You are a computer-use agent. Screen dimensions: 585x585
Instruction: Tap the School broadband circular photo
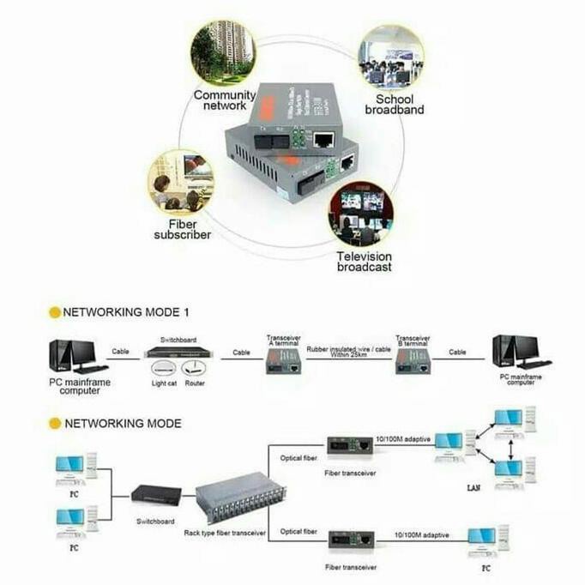[390, 57]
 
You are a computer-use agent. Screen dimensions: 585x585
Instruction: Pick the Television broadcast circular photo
[361, 214]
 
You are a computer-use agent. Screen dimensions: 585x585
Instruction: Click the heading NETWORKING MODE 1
[126, 312]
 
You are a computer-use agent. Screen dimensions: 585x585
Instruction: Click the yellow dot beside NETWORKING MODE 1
[55, 312]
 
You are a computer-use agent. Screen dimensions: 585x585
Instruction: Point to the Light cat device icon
[164, 366]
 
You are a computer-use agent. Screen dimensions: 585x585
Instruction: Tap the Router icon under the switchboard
[195, 366]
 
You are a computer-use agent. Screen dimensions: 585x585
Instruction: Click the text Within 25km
[348, 355]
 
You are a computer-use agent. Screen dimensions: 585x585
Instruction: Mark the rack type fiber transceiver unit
[229, 504]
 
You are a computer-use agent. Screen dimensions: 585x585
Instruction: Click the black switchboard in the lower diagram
[155, 495]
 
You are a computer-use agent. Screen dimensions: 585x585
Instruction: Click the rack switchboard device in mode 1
[178, 352]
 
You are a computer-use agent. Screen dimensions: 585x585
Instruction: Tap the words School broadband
[395, 105]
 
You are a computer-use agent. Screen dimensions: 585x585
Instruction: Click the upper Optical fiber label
[298, 457]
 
